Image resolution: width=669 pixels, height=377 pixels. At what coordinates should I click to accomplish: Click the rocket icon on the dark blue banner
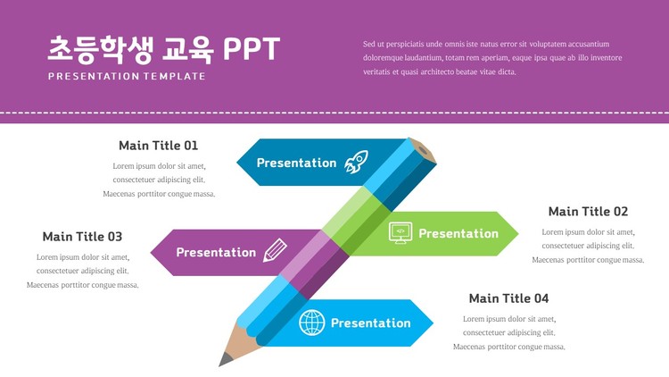[356, 162]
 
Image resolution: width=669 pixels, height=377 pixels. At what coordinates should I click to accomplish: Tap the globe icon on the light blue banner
[312, 323]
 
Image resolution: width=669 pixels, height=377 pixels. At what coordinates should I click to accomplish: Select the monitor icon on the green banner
[401, 233]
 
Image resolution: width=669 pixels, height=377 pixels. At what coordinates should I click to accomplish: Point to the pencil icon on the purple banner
[275, 250]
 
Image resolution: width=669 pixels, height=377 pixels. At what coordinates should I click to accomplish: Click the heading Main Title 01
[158, 146]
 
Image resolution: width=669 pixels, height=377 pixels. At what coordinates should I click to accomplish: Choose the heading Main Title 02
[588, 212]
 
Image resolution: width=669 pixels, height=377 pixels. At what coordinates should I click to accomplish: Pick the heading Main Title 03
[82, 237]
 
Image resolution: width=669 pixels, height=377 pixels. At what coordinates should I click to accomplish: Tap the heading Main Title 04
[508, 298]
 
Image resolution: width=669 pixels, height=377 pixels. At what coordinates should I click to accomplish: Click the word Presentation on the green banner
[458, 233]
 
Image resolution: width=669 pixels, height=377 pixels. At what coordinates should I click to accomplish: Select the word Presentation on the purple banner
[216, 252]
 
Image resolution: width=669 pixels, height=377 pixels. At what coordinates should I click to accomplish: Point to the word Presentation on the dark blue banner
[296, 163]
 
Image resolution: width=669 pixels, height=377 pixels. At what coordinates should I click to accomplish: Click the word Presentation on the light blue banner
[371, 323]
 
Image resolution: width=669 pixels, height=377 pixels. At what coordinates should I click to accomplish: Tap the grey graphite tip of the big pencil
[225, 359]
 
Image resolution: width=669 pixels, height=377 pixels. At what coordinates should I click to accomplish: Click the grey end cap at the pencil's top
[423, 150]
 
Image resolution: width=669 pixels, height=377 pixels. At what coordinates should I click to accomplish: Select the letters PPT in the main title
[252, 49]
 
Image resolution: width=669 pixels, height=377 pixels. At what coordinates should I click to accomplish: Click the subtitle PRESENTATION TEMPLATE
[127, 77]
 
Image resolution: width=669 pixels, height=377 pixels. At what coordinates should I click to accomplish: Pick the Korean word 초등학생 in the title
[100, 50]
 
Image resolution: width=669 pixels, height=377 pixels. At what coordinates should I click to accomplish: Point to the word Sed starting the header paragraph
[368, 44]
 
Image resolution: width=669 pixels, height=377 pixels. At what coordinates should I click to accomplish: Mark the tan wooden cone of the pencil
[242, 342]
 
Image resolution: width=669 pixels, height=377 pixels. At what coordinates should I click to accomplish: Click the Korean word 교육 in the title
[187, 50]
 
